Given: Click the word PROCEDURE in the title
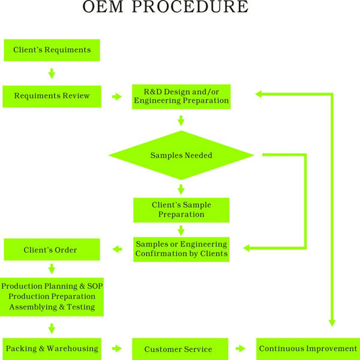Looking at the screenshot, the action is click(x=190, y=7).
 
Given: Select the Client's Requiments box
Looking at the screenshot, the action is click(x=52, y=50).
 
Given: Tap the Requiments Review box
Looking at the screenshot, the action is click(x=52, y=97).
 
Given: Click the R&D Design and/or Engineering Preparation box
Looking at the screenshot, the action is click(x=181, y=97).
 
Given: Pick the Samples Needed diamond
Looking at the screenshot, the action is click(x=181, y=155).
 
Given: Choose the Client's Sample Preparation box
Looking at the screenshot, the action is click(x=181, y=210).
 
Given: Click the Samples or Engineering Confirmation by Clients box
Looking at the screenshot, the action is click(x=181, y=250).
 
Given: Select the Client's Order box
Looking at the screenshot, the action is click(x=52, y=250).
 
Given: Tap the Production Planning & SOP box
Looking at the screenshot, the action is click(x=52, y=297).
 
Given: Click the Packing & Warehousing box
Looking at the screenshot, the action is click(x=52, y=349).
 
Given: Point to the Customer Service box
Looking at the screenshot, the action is click(x=180, y=349).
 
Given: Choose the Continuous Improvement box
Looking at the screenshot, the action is click(x=308, y=349).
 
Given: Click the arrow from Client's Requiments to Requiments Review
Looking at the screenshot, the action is click(x=52, y=73).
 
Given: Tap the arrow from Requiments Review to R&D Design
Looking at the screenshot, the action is click(x=116, y=97).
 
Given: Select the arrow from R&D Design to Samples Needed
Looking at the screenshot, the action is click(x=181, y=121).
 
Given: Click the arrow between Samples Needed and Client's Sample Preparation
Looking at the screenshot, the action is click(x=181, y=190).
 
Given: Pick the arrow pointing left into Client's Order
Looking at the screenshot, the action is click(x=117, y=249).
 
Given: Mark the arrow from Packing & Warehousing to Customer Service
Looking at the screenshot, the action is click(x=116, y=349).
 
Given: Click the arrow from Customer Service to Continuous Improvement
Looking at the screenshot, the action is click(x=241, y=349).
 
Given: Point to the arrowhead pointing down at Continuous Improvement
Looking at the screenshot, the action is click(x=332, y=323).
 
